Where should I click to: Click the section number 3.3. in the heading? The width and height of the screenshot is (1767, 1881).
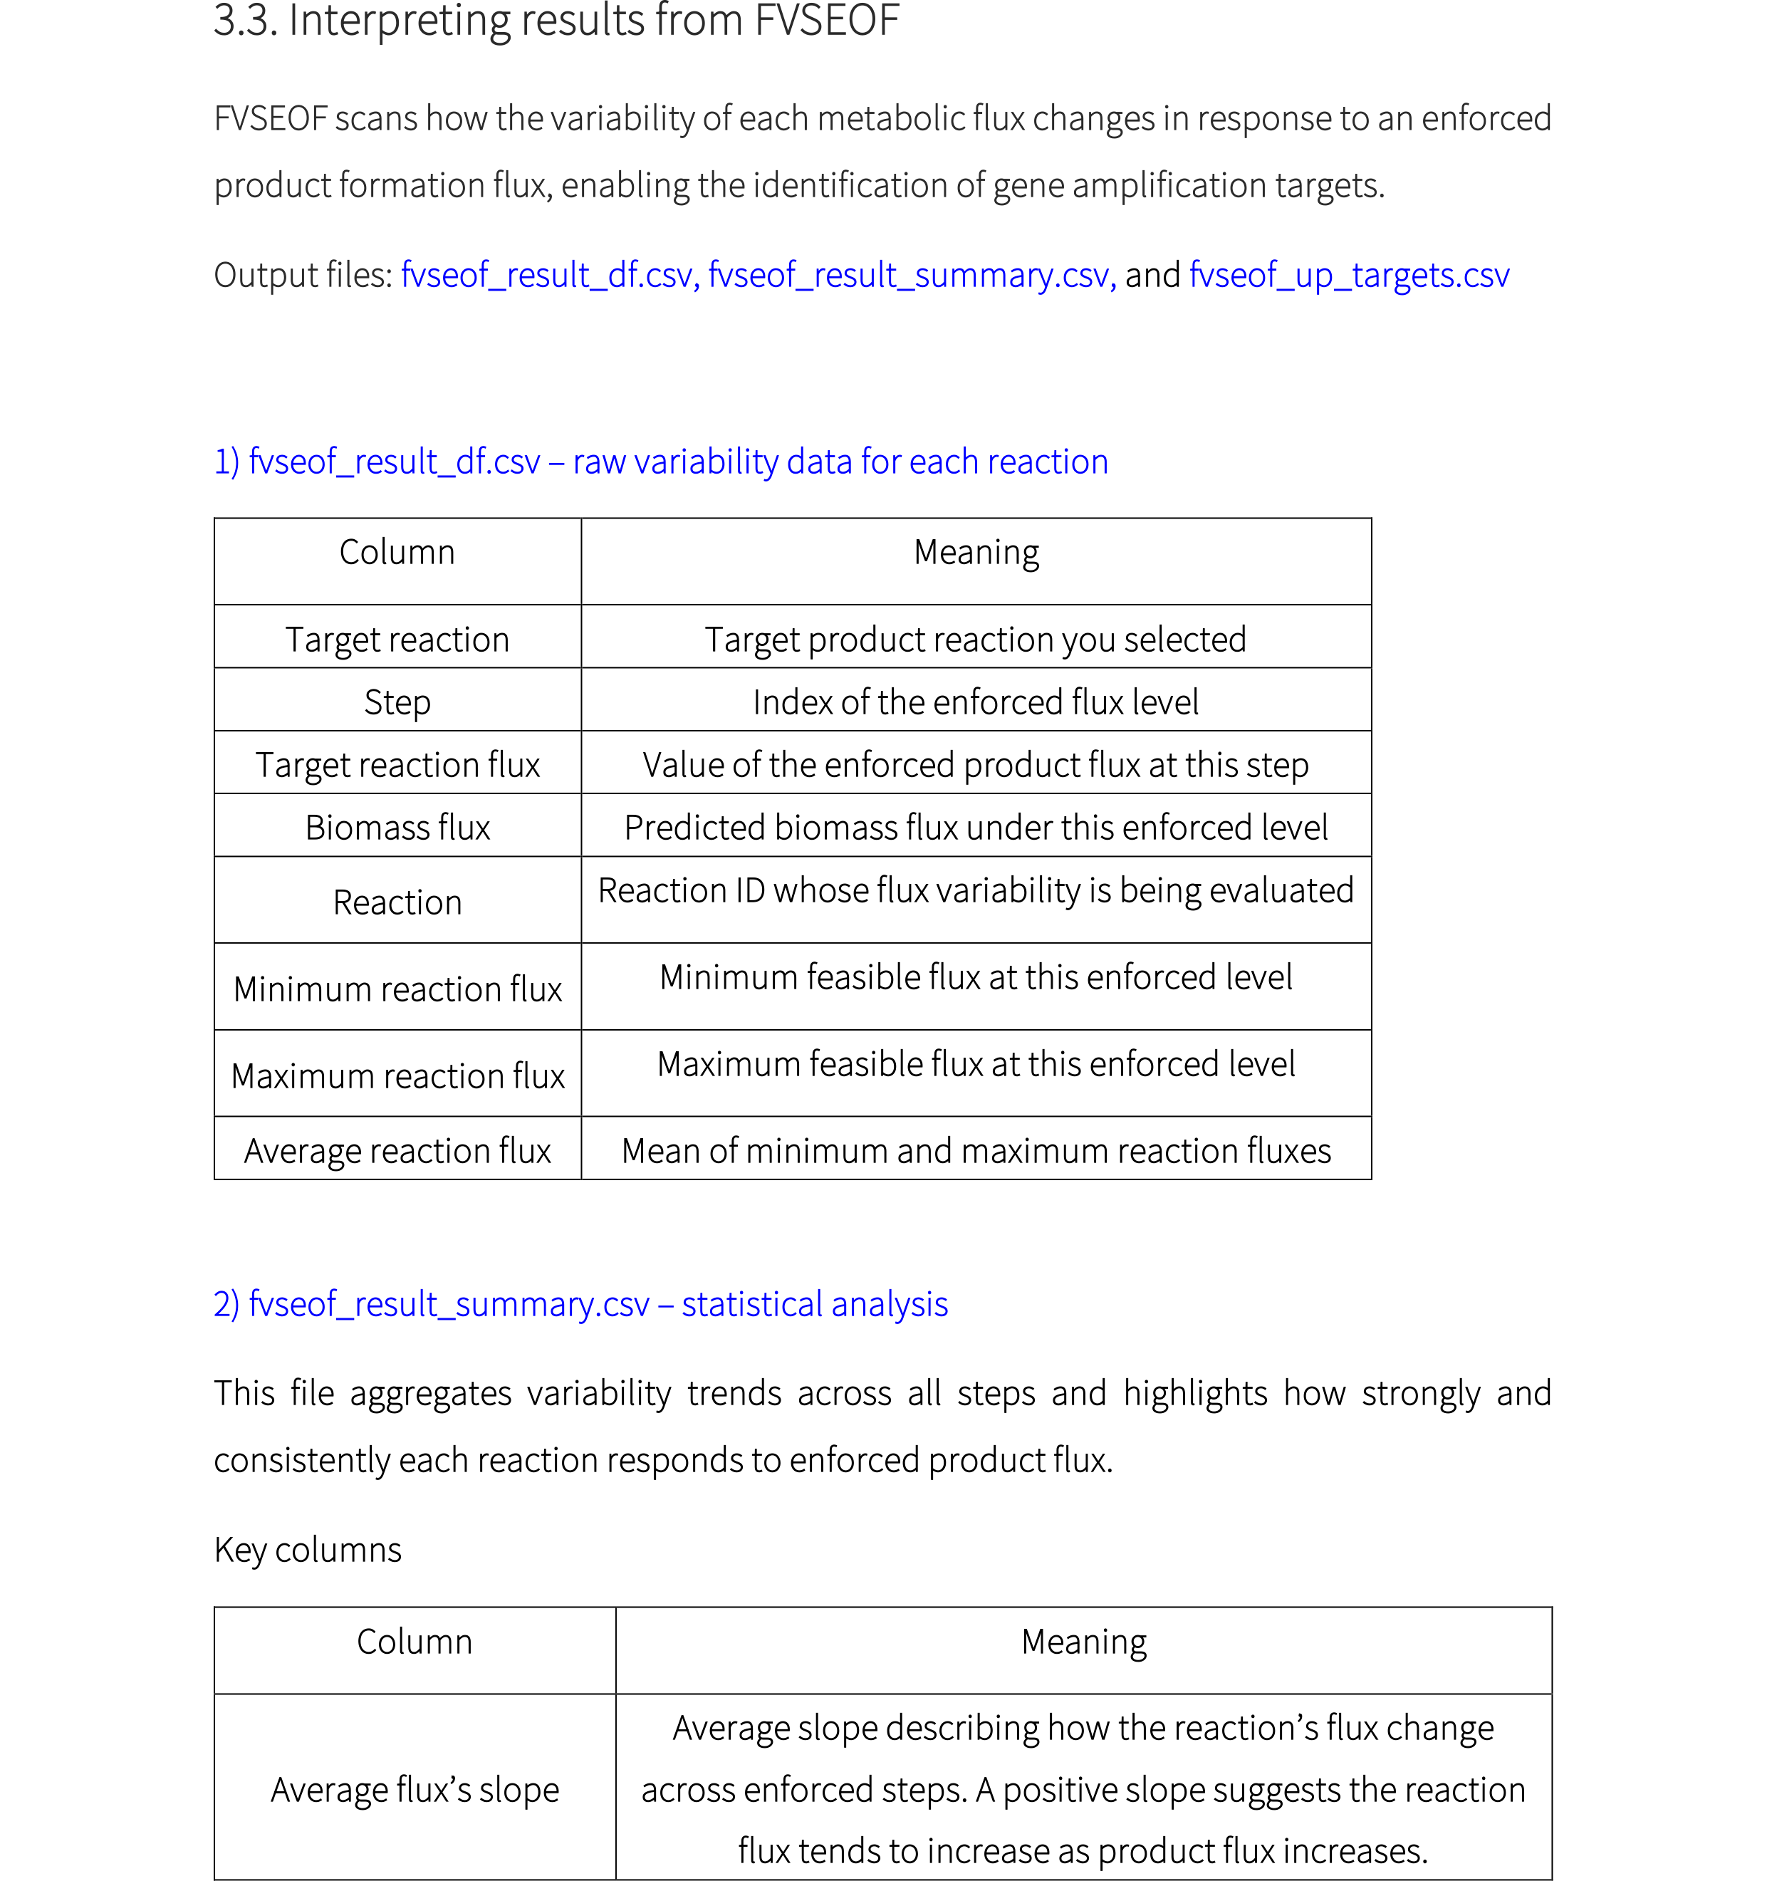pyautogui.click(x=244, y=21)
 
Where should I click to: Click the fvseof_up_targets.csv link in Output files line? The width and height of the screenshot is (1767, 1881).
pyautogui.click(x=1348, y=276)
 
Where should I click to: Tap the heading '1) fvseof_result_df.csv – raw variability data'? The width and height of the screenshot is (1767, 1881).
pyautogui.click(x=660, y=462)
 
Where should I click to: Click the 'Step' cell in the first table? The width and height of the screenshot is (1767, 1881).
pyautogui.click(x=397, y=702)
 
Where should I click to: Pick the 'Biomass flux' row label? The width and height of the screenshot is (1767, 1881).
pyautogui.click(x=397, y=828)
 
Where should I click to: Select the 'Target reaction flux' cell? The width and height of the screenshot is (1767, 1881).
pyautogui.click(x=397, y=764)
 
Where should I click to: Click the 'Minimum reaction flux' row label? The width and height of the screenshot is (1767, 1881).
pyautogui.click(x=397, y=989)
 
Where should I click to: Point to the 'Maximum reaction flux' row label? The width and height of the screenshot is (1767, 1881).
pyautogui.click(x=397, y=1075)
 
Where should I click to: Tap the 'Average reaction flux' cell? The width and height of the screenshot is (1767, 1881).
pyautogui.click(x=397, y=1150)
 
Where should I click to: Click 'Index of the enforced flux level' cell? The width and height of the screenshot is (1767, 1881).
pyautogui.click(x=975, y=702)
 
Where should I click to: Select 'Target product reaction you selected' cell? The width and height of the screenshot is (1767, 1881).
pyautogui.click(x=975, y=640)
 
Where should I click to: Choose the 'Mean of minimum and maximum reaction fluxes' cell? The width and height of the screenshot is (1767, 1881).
pyautogui.click(x=975, y=1150)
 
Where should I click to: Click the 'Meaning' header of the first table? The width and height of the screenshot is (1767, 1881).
pyautogui.click(x=975, y=551)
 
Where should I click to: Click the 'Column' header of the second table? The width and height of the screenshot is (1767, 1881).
pyautogui.click(x=415, y=1642)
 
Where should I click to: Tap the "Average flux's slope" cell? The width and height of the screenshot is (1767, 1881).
pyautogui.click(x=415, y=1790)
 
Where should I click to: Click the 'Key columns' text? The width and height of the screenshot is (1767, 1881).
pyautogui.click(x=308, y=1550)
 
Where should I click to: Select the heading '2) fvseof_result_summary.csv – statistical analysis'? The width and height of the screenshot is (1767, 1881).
pyautogui.click(x=580, y=1304)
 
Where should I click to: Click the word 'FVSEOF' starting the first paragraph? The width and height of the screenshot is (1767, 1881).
pyautogui.click(x=270, y=119)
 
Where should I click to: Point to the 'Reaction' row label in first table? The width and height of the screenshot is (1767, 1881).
pyautogui.click(x=397, y=902)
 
